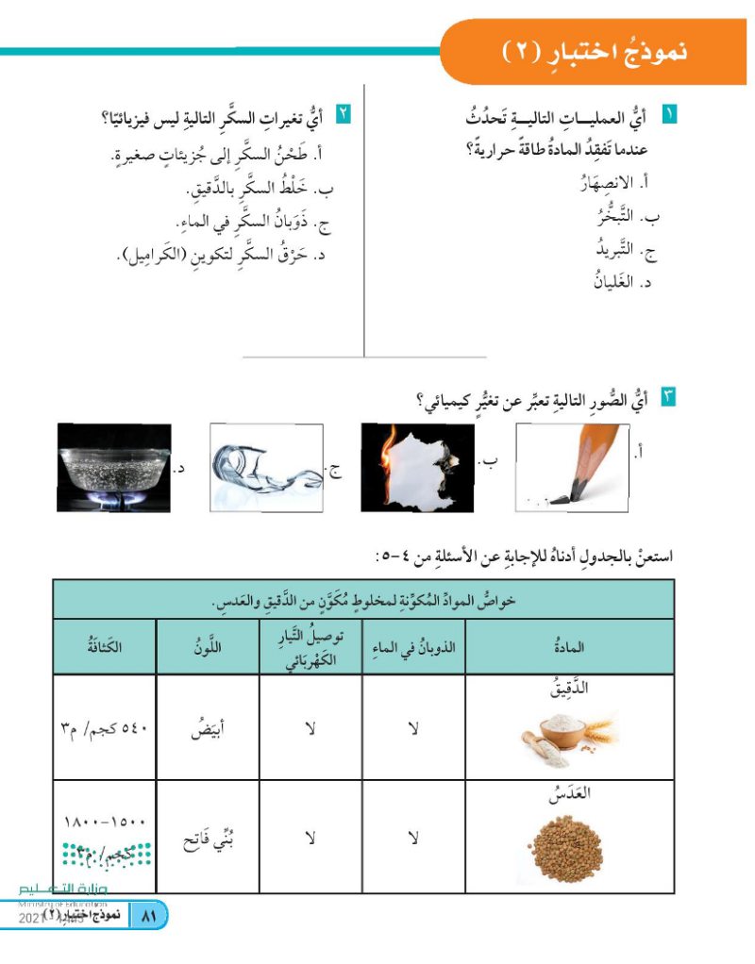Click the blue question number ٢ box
pos(344,117)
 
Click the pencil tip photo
pos(571,467)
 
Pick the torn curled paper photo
pos(267,467)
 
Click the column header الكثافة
pos(104,646)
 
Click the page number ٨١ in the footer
pos(146,916)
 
